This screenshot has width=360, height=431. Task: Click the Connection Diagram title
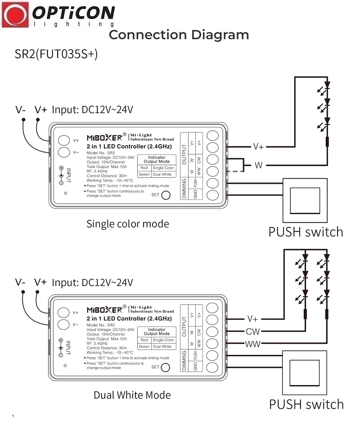tap(179, 35)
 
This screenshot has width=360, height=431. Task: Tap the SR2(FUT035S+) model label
tap(56, 54)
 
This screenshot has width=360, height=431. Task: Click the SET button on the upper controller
tap(166, 195)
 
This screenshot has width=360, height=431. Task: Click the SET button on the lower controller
tap(166, 367)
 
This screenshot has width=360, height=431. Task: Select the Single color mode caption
tap(128, 224)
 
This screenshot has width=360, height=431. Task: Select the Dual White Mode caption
tap(132, 395)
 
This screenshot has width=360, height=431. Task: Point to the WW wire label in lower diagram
tap(252, 344)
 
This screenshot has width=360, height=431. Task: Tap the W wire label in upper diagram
tap(258, 165)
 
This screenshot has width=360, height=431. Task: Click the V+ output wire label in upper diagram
tap(258, 146)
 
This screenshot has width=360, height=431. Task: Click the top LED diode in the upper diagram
tap(327, 85)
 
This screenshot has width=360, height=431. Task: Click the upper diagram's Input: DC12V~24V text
tap(92, 109)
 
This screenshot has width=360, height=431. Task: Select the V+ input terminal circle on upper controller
tap(63, 140)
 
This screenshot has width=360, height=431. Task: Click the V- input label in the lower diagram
tap(21, 282)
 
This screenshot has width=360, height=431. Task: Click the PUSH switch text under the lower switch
tap(306, 404)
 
